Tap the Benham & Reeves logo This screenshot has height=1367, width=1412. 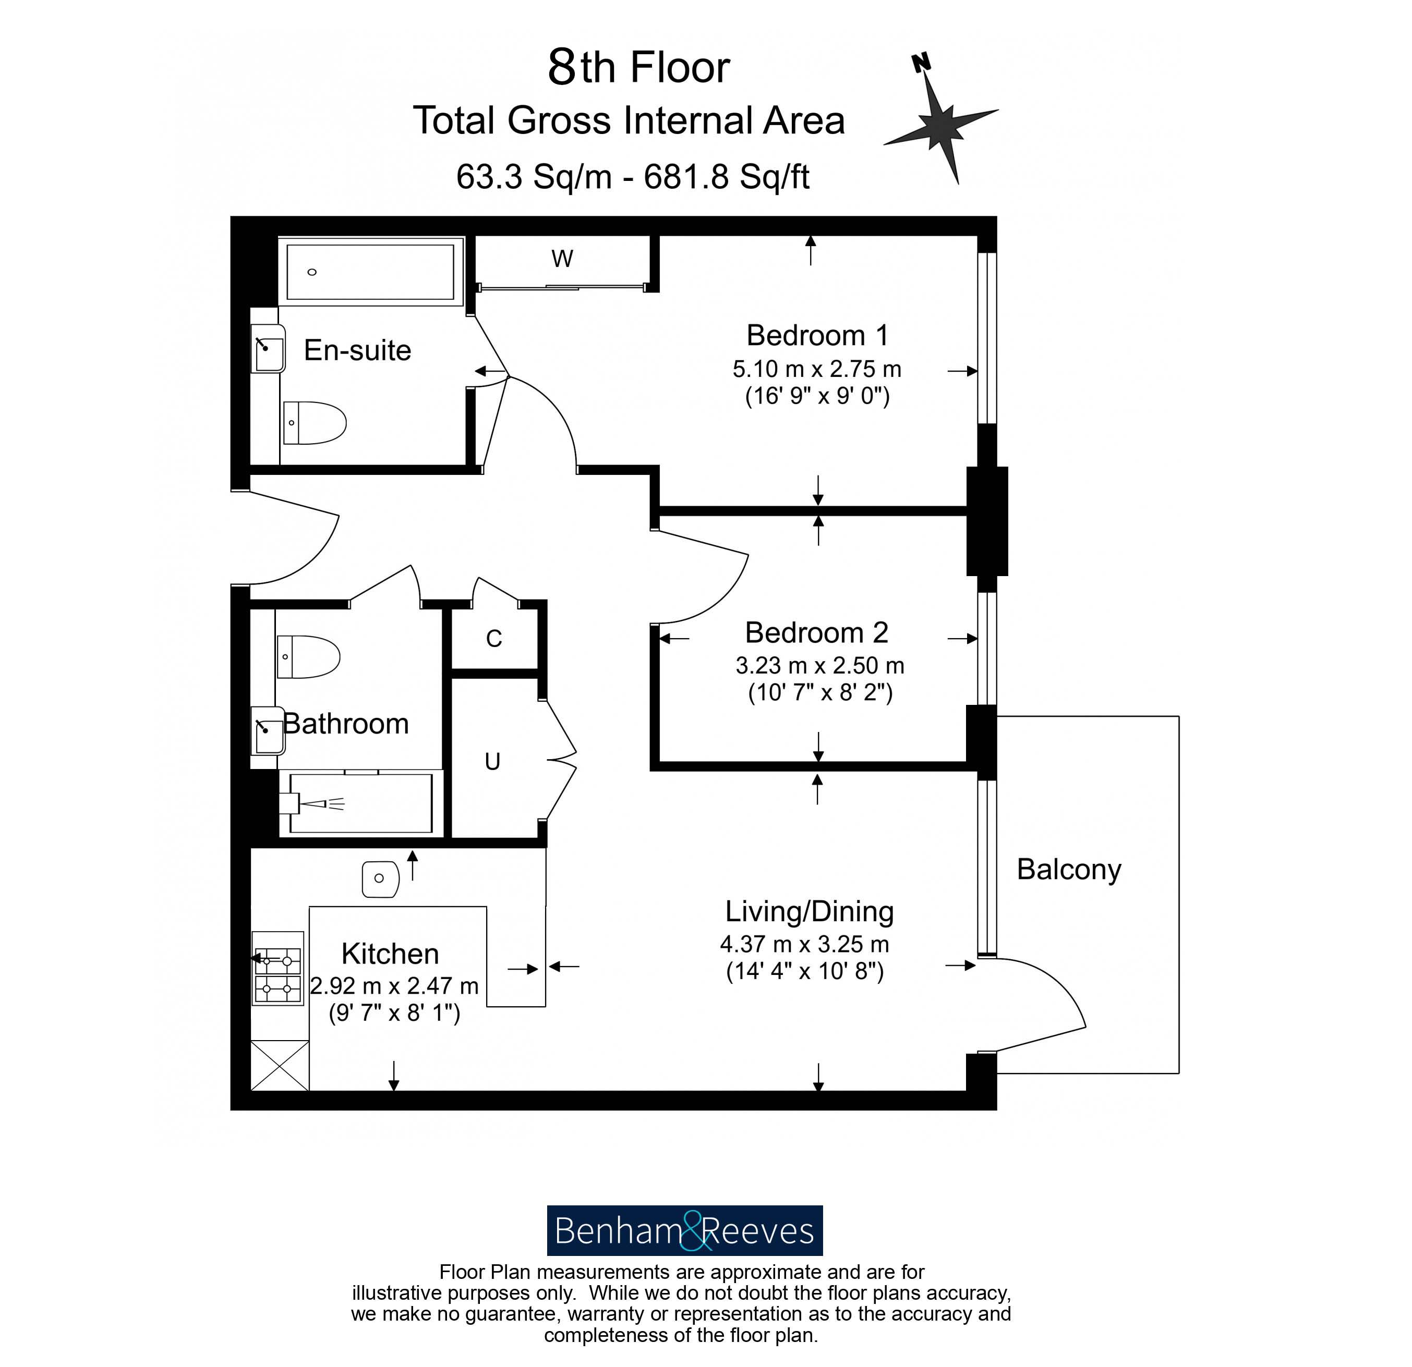coord(684,1231)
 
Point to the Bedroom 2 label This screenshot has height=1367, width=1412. coord(816,632)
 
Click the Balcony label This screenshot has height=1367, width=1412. coord(1069,870)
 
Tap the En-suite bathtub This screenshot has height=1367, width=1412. coord(370,272)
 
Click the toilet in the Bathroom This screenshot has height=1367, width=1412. coord(308,657)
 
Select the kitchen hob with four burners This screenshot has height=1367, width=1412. coord(277,969)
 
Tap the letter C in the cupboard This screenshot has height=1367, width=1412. coord(493,639)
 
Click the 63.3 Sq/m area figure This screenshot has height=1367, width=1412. coord(533,176)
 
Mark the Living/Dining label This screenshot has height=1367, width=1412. coord(809,912)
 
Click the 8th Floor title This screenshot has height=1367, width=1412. coord(638,67)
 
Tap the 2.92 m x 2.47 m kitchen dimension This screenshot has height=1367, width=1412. coord(394,985)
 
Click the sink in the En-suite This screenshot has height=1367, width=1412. coord(268,349)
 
